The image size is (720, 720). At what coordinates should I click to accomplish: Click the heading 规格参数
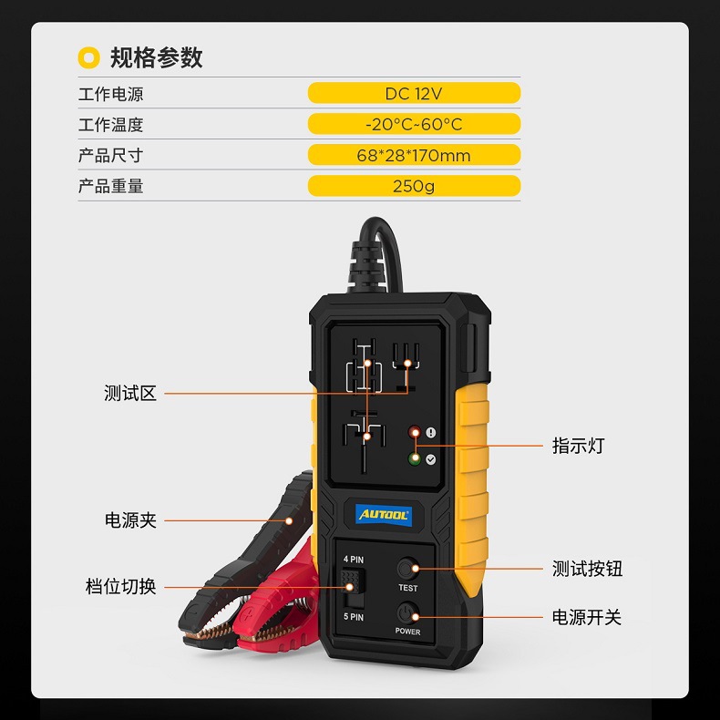pos(156,57)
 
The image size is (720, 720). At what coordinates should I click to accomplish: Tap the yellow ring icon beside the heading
pos(88,57)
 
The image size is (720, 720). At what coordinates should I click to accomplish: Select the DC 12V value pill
pos(414,93)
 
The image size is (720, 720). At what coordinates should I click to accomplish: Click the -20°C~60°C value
pos(414,124)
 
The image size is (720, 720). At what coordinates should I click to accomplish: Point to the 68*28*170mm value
pos(414,155)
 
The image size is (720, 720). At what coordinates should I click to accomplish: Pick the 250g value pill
pos(414,186)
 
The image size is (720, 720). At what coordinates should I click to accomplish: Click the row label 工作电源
pos(110,94)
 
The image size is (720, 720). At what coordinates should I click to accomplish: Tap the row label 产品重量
pos(110,186)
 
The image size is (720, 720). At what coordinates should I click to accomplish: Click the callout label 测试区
pos(130,394)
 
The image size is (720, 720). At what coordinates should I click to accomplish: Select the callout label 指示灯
pos(578,446)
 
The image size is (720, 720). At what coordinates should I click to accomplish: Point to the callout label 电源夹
pos(130,520)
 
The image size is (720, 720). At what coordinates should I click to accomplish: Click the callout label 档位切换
pos(121,587)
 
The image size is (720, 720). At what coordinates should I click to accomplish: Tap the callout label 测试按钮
pos(588,569)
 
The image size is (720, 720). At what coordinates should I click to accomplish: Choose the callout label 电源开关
pos(587,617)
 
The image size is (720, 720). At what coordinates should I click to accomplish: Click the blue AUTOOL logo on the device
pos(383,515)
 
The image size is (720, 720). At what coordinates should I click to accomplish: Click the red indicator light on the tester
pos(415,433)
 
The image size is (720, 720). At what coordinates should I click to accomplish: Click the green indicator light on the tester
pos(415,458)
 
